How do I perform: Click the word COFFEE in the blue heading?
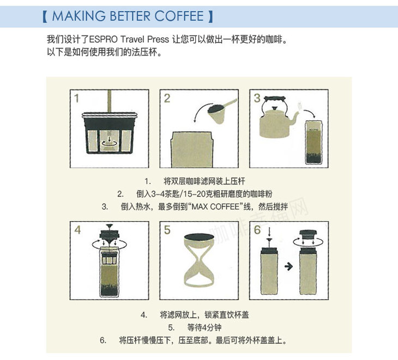[x=179, y=16]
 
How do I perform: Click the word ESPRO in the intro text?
[x=103, y=40]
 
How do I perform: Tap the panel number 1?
[x=76, y=99]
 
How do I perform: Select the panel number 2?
[x=167, y=99]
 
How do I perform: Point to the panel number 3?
[x=257, y=98]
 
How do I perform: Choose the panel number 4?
[x=77, y=230]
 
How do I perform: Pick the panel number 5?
[x=167, y=230]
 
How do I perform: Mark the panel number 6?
[x=257, y=230]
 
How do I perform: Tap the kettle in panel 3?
[x=276, y=118]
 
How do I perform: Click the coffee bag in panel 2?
[x=192, y=150]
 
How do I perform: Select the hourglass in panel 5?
[x=199, y=260]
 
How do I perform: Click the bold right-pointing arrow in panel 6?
[x=288, y=266]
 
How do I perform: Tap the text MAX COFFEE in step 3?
[x=215, y=206]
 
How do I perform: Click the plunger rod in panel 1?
[x=110, y=101]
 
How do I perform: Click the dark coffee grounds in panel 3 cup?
[x=313, y=158]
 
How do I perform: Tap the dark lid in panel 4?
[x=110, y=234]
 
